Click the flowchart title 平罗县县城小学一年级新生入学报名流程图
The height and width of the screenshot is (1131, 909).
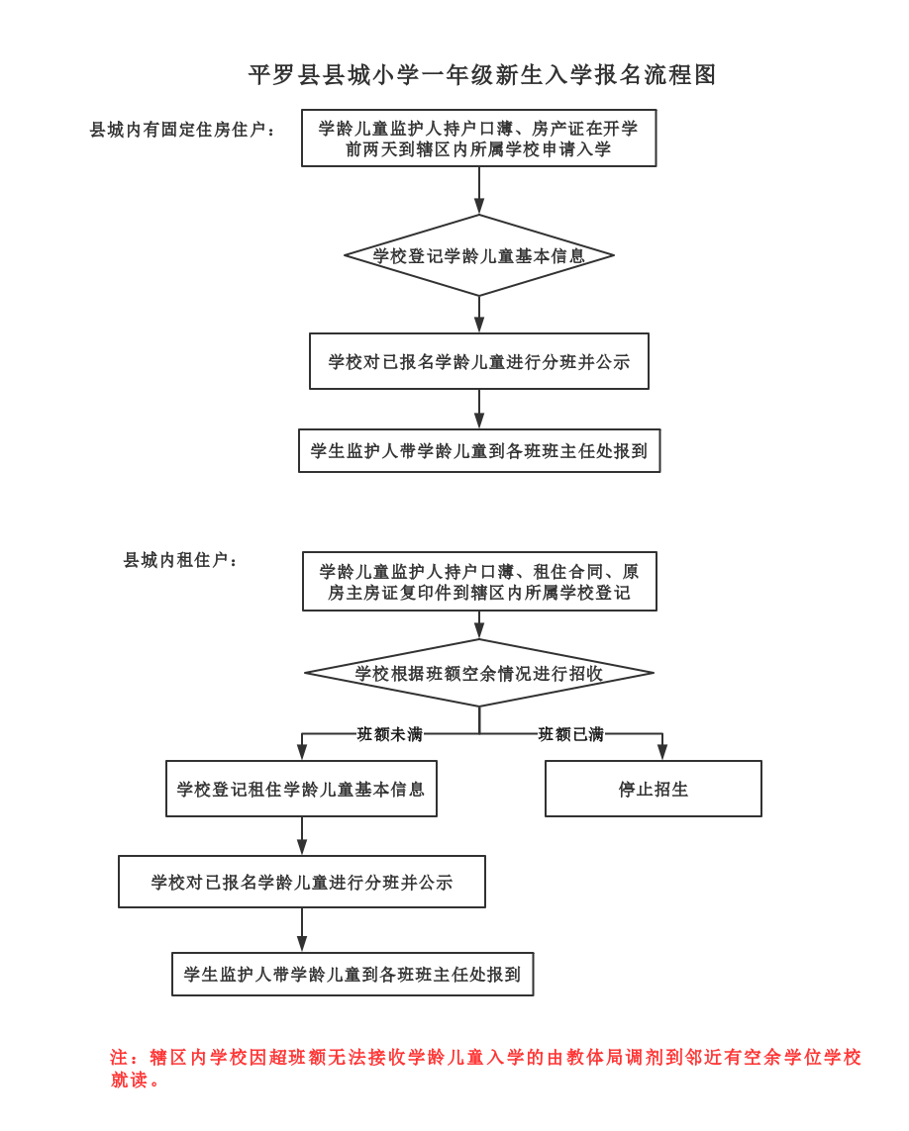(482, 75)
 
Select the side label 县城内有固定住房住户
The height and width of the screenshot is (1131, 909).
(182, 130)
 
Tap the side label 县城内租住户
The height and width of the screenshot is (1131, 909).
(180, 560)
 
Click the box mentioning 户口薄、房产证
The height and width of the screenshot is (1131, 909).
(478, 139)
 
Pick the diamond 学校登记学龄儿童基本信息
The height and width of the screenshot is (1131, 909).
(479, 255)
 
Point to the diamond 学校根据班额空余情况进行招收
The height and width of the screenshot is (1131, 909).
(479, 673)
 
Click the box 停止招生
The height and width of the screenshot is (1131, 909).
(654, 789)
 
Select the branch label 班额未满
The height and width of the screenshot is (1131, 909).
(390, 734)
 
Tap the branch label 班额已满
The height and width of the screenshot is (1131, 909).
(571, 734)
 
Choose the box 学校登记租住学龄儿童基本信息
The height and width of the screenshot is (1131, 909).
(301, 789)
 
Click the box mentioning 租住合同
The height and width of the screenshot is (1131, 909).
(479, 582)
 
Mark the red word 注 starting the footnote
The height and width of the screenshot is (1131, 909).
(119, 1058)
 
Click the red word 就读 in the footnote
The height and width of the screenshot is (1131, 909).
(129, 1080)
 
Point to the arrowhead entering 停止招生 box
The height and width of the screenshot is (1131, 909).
(662, 752)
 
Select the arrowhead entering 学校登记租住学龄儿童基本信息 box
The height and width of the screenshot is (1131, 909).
(302, 752)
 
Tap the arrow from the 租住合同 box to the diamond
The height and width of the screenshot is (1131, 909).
(479, 624)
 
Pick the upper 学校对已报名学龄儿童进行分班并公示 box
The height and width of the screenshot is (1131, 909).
(479, 361)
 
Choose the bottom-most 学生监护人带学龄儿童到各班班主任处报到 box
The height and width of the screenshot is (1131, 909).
(353, 974)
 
